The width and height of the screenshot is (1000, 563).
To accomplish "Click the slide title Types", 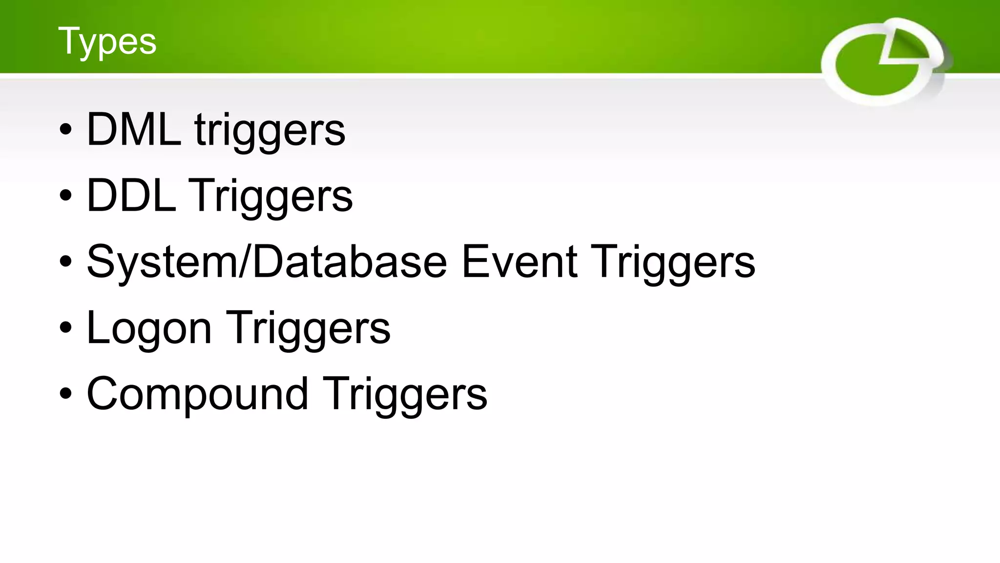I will (x=107, y=42).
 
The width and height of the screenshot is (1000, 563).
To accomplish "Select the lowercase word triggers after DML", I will (x=270, y=131).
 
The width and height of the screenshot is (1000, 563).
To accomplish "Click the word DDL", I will (x=131, y=195).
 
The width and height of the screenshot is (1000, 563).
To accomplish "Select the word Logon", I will (x=149, y=328).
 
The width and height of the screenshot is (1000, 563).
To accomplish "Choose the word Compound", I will (x=197, y=394).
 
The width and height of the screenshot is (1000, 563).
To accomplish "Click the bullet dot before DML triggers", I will (x=65, y=130).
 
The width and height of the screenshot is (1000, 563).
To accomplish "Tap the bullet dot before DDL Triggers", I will (x=65, y=196).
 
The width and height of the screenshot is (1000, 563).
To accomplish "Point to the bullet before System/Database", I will (x=65, y=262).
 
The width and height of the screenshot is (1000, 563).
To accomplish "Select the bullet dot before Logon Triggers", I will (x=65, y=328).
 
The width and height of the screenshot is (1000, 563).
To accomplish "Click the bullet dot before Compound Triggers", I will (x=65, y=394).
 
